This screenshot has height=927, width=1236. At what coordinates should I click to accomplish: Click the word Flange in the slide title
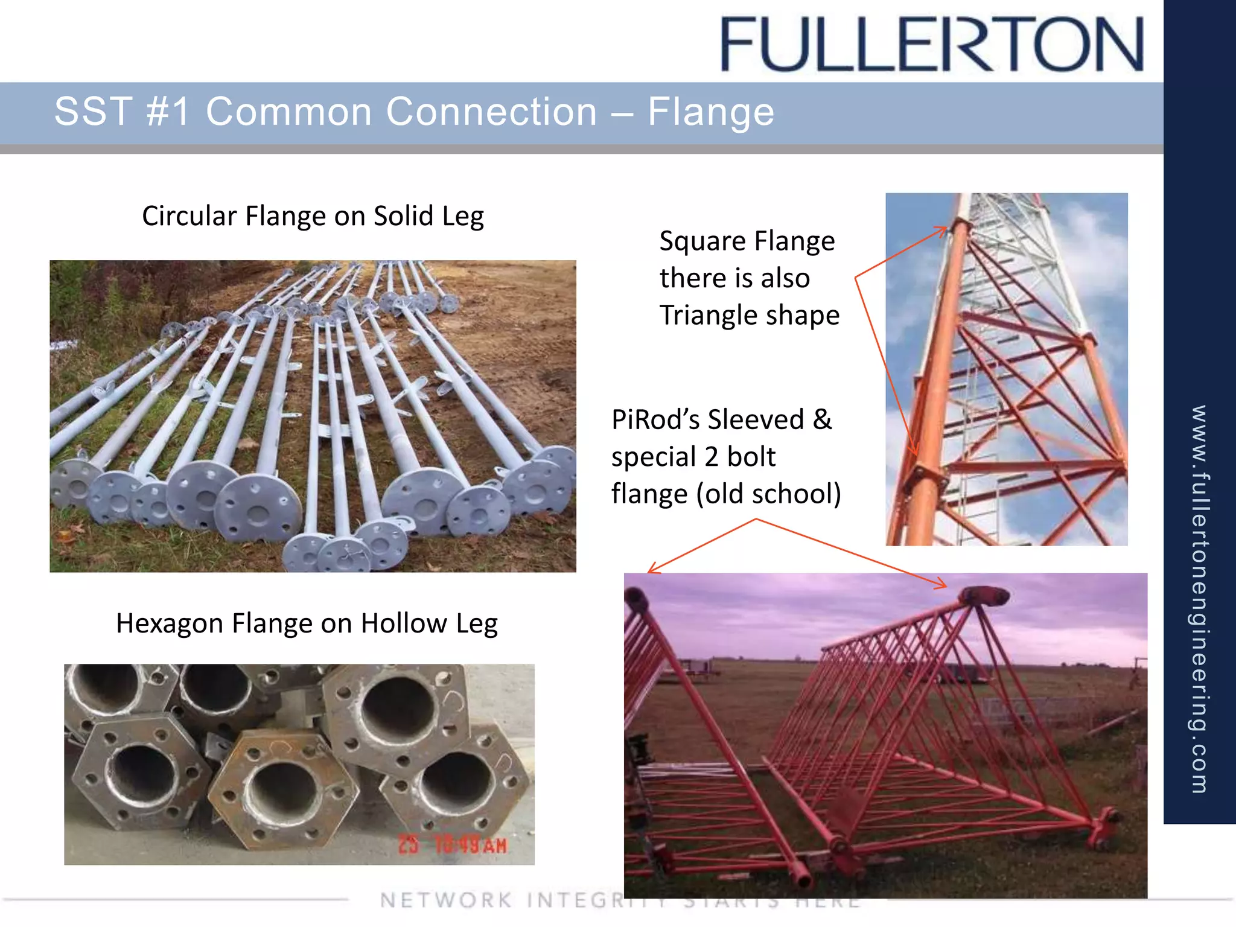(710, 112)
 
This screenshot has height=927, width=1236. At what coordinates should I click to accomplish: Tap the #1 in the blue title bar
(168, 112)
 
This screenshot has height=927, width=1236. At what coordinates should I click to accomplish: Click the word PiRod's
(655, 419)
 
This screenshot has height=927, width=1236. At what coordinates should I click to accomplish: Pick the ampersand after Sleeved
(822, 419)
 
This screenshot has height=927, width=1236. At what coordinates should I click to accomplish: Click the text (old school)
(768, 494)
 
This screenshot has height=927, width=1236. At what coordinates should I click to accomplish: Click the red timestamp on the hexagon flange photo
(453, 845)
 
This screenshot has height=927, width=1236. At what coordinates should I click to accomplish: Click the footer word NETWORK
(446, 900)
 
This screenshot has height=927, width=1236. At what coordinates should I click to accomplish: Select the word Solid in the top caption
(406, 216)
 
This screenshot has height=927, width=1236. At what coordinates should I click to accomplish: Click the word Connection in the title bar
(401, 112)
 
